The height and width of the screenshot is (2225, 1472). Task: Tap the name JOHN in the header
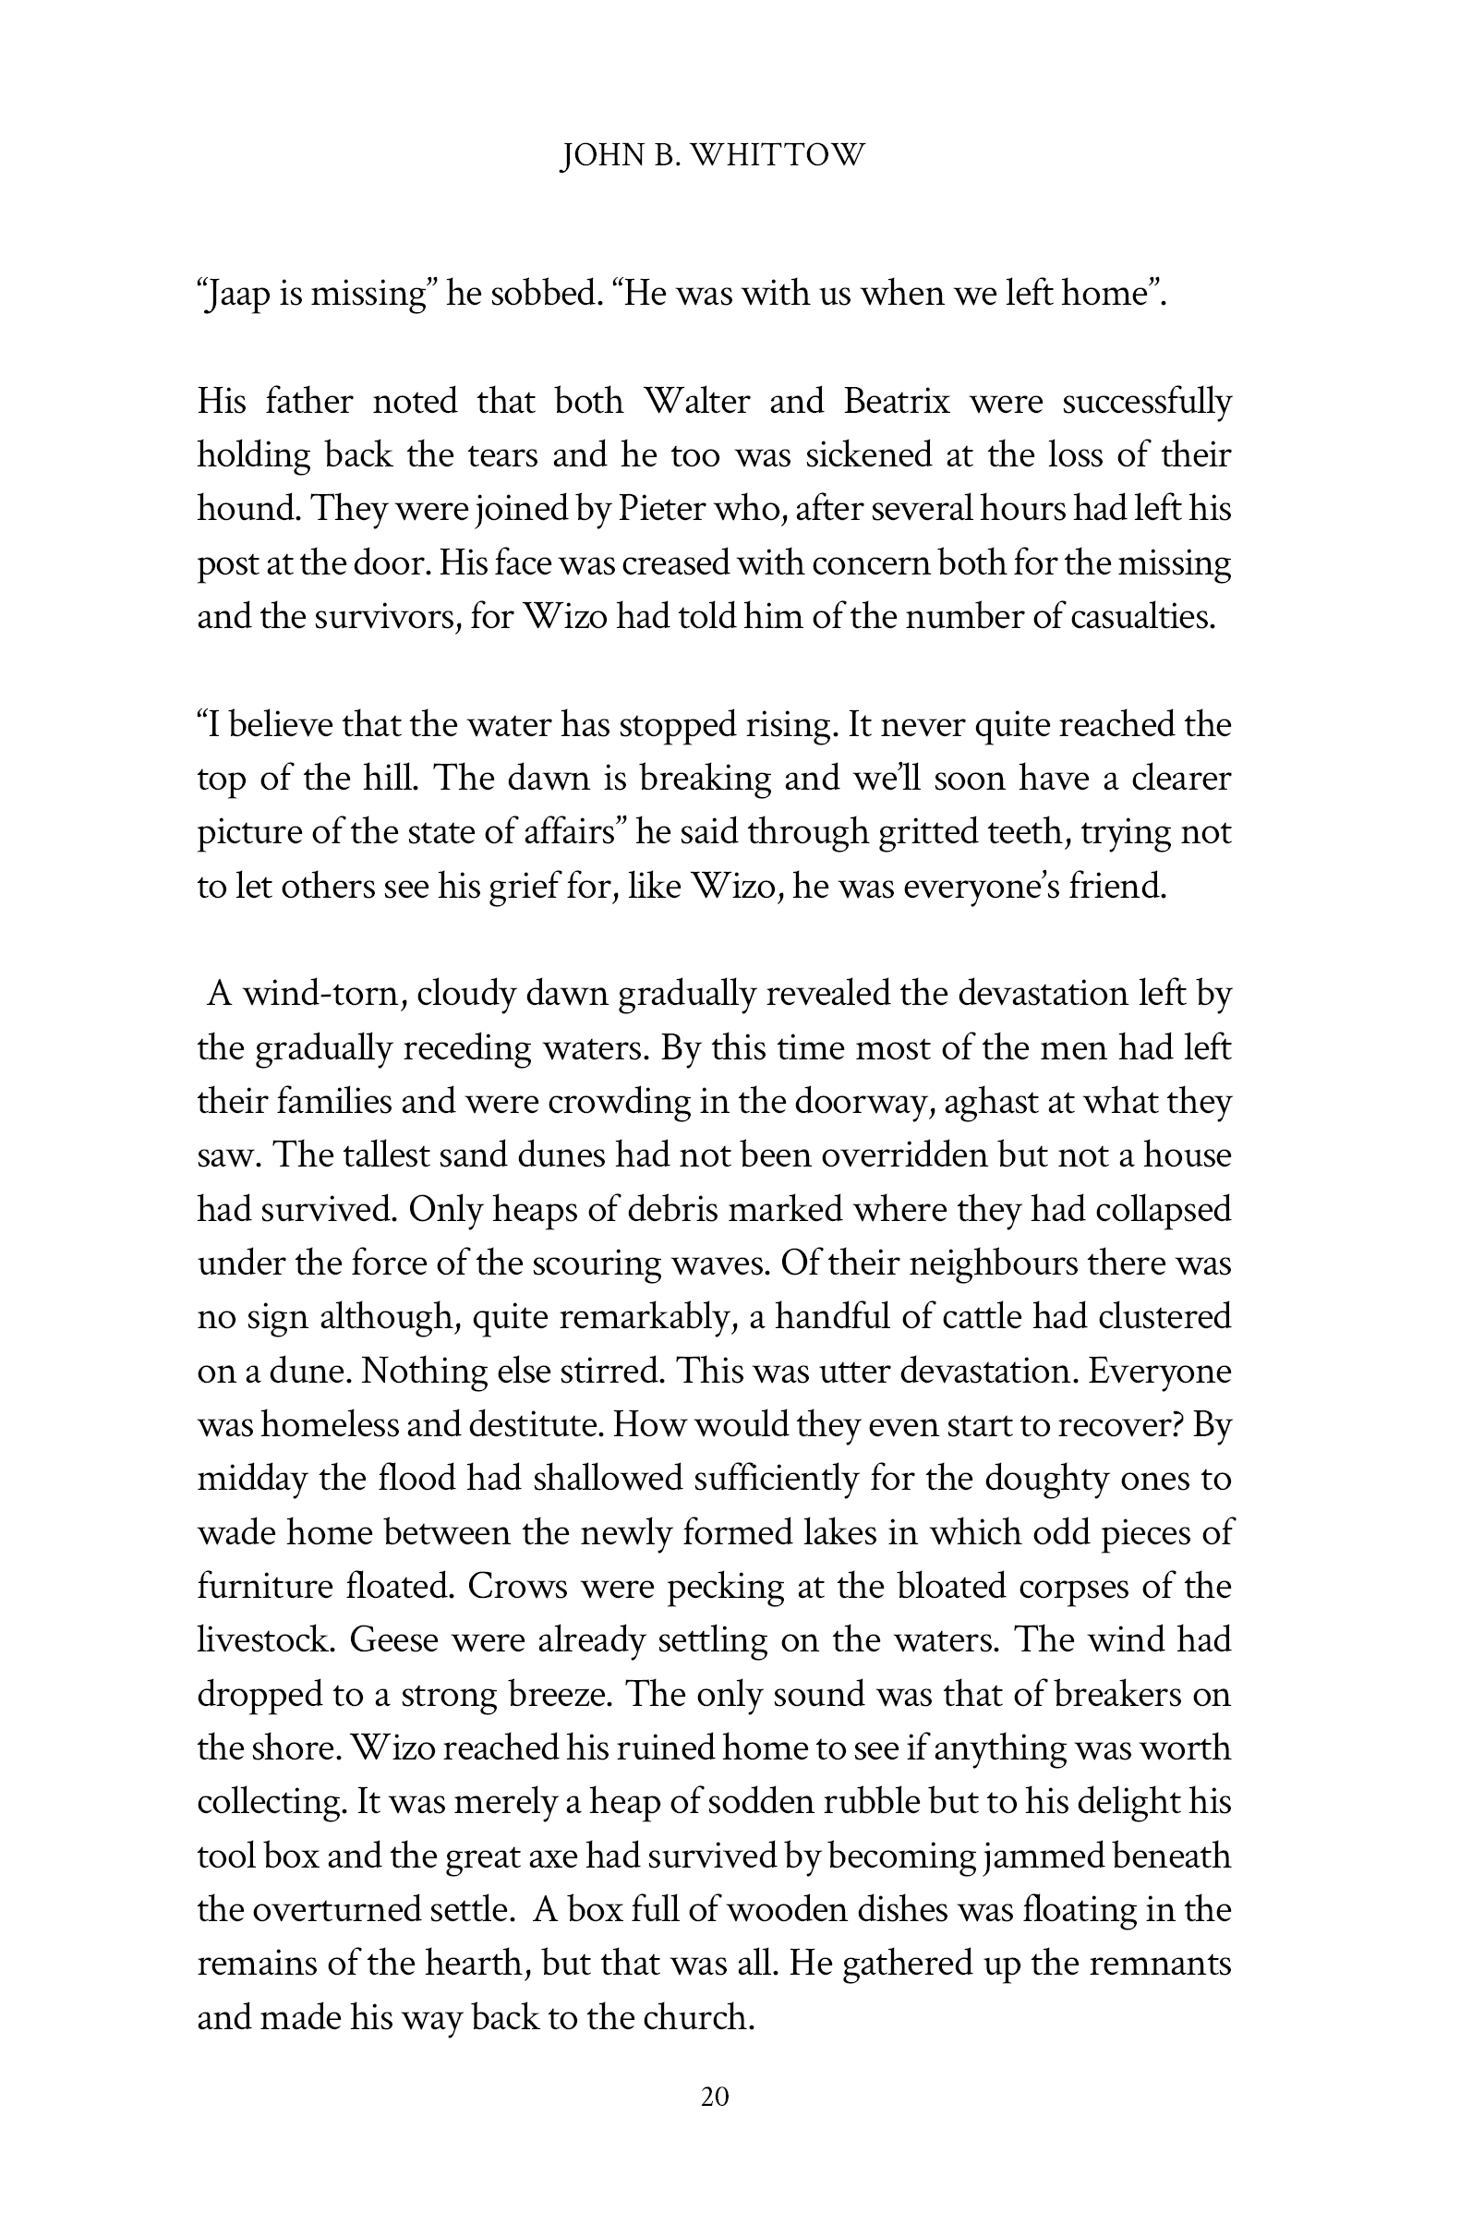tap(598, 155)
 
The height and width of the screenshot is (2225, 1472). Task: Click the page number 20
tap(715, 2097)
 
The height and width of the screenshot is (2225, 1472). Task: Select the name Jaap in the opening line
tap(237, 295)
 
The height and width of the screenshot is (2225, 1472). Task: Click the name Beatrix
tap(896, 402)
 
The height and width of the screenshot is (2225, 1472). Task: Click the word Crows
tap(517, 1587)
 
